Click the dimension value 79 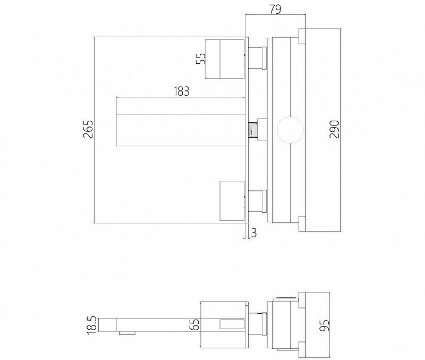pyautogui.click(x=275, y=9)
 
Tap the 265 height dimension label pyautogui.click(x=88, y=129)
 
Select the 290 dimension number pyautogui.click(x=335, y=129)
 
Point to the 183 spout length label pyautogui.click(x=181, y=91)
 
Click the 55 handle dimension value pyautogui.click(x=201, y=58)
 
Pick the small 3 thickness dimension pyautogui.click(x=253, y=233)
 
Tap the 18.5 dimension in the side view pyautogui.click(x=92, y=325)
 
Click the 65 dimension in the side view pyautogui.click(x=194, y=324)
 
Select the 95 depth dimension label pyautogui.click(x=325, y=325)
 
